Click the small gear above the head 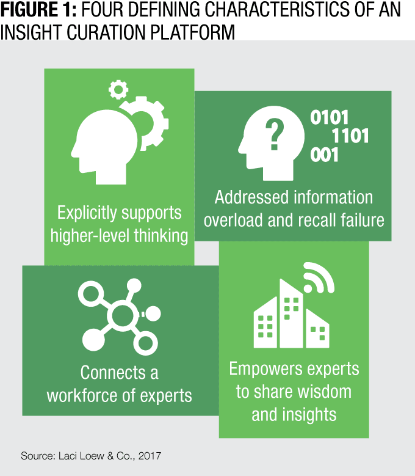coord(118,90)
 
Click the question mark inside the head coord(275,134)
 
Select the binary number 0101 coord(329,117)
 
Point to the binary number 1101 coord(350,136)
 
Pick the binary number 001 coord(324,155)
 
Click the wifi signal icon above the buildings coord(319,278)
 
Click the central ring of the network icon coord(122,315)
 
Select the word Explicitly coord(87,213)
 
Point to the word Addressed coord(251,197)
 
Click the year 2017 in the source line coord(150,456)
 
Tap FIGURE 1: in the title coord(38,9)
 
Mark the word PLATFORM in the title coord(192,32)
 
